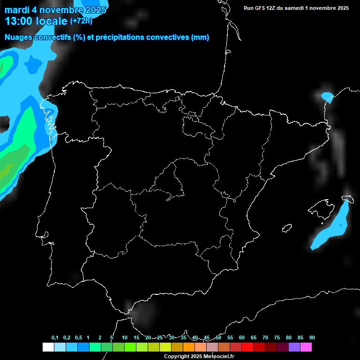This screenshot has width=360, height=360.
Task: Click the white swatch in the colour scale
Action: (x=48, y=347)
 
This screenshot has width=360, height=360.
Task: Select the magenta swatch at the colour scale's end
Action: (x=306, y=347)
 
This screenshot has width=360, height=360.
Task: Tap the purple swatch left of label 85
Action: (x=294, y=347)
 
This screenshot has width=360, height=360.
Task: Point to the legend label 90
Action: (x=312, y=337)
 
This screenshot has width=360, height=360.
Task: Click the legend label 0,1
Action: (x=55, y=337)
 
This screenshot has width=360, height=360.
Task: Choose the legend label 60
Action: (x=242, y=337)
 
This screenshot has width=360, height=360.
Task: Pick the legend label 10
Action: (x=125, y=337)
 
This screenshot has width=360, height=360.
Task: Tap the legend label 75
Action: (x=277, y=337)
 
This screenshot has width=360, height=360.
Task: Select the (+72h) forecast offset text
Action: (x=81, y=21)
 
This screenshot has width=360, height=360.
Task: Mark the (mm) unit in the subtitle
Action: (x=200, y=37)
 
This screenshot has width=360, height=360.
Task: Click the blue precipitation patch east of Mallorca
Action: (x=333, y=225)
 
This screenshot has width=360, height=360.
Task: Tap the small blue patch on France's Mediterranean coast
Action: (x=327, y=97)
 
